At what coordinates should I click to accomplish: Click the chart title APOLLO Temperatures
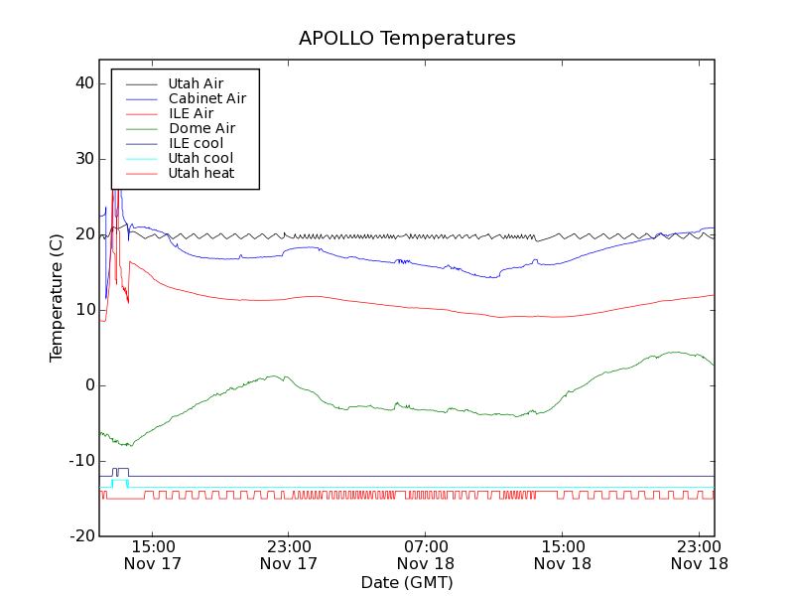407,39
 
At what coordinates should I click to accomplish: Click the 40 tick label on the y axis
83,83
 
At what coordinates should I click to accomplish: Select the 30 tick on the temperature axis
83,159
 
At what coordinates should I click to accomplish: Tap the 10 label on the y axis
83,310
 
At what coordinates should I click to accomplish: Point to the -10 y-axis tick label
80,461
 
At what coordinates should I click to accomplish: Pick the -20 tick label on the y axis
80,536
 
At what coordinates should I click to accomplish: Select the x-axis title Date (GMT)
407,582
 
